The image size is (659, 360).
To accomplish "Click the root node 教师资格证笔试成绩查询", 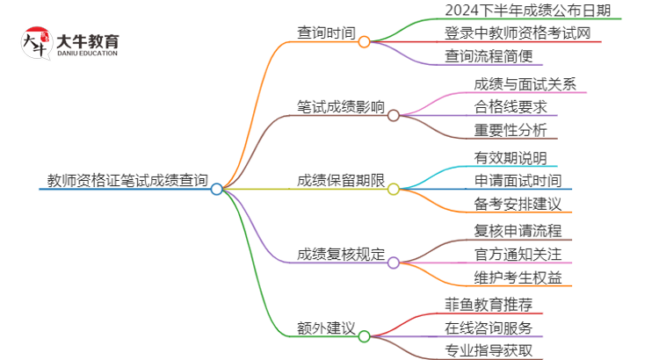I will tap(127, 182).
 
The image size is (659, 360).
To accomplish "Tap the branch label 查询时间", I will tap(327, 34).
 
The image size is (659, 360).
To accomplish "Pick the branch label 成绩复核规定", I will tap(341, 256).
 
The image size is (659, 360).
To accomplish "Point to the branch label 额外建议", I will tap(327, 328).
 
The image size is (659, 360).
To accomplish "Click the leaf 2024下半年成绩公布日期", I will tap(521, 11).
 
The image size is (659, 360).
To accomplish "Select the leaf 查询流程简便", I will tap(489, 57).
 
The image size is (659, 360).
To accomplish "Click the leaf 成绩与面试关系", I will tap(518, 85).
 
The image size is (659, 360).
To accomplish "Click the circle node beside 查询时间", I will tap(364, 41).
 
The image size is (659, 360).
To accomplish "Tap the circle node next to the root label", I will tap(217, 189).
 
